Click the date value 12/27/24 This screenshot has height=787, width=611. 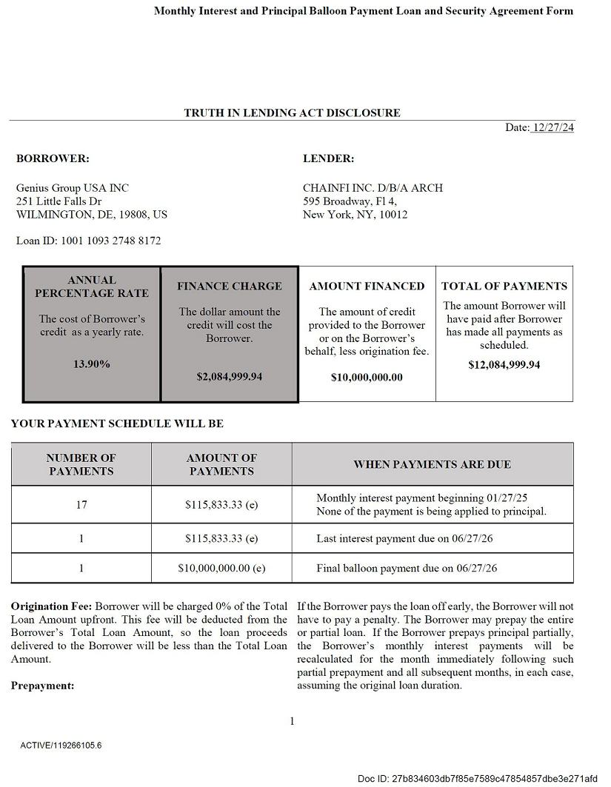tap(552, 127)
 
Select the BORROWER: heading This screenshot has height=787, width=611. tap(53, 158)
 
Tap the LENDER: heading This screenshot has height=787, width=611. tap(328, 158)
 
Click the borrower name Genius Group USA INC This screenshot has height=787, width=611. tap(73, 188)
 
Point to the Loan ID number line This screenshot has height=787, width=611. tap(88, 241)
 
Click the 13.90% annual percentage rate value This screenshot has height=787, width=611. tap(92, 364)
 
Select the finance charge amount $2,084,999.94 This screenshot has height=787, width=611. tap(230, 377)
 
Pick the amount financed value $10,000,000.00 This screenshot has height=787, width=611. tap(367, 378)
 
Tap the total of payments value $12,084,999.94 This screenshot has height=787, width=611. tap(504, 365)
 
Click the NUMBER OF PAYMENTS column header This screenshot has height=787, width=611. tap(81, 464)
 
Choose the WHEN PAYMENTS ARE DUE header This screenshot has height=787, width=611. tap(432, 464)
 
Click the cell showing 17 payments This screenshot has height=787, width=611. tap(81, 505)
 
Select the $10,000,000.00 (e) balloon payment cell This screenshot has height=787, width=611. tap(221, 569)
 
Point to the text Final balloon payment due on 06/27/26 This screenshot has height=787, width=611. tap(407, 569)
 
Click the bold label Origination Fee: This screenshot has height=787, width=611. tap(51, 606)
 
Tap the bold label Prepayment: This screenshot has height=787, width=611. tap(42, 686)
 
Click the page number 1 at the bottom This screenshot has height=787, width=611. tap(293, 721)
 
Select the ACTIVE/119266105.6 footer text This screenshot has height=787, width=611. tap(61, 746)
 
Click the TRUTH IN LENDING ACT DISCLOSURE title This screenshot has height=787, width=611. tap(292, 113)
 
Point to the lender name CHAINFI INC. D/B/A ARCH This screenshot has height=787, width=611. tap(373, 188)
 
